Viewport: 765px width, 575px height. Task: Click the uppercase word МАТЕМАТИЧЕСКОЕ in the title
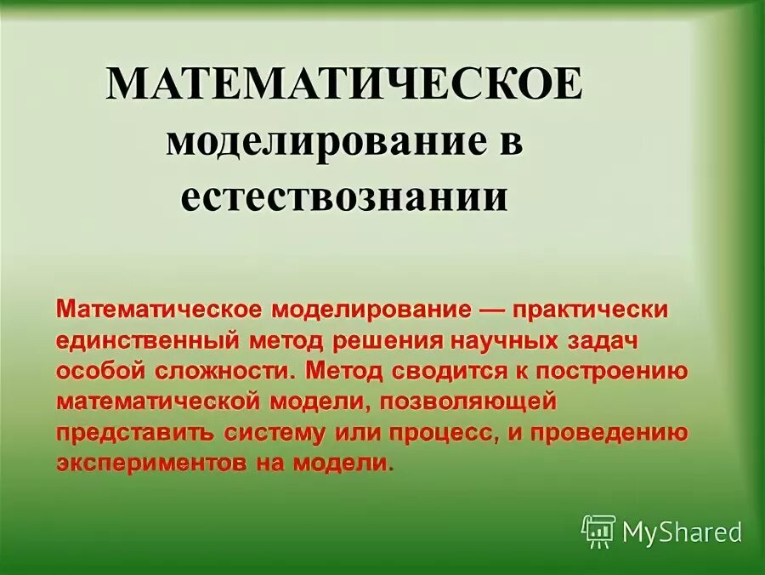[x=344, y=85]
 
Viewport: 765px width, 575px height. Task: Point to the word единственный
[x=148, y=340]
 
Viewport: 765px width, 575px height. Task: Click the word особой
[x=94, y=372]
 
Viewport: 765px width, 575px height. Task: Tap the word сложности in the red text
[x=222, y=372]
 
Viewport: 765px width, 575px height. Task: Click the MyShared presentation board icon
[x=598, y=531]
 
